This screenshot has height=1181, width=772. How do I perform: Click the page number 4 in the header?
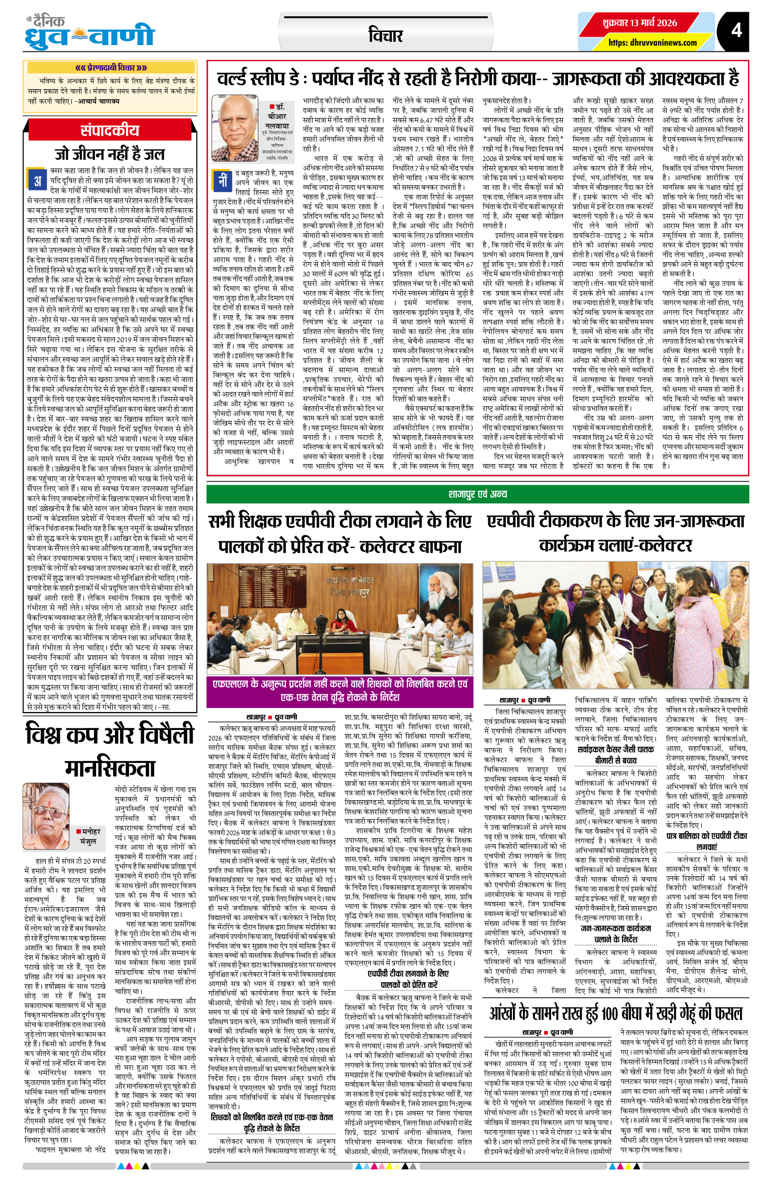(x=736, y=30)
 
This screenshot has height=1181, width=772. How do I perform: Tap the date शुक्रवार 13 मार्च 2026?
(x=639, y=23)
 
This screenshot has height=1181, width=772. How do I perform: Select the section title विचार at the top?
(x=385, y=36)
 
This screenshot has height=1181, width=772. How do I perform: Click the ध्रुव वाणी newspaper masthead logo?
(x=90, y=33)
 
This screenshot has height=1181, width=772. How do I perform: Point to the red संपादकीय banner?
(x=110, y=131)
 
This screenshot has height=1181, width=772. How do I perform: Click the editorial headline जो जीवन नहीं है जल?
(x=110, y=154)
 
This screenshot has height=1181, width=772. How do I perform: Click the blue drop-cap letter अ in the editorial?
(x=38, y=181)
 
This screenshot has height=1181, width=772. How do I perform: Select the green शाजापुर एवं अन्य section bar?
(x=477, y=494)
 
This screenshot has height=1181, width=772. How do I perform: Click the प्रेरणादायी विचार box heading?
(x=111, y=68)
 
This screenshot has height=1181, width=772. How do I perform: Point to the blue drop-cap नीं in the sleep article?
(x=222, y=180)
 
